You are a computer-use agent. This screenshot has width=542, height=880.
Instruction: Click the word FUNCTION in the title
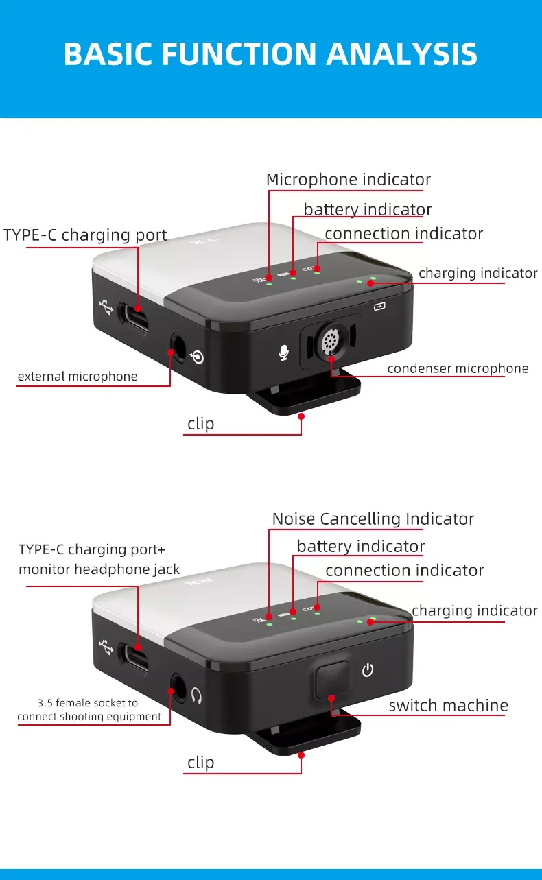(x=239, y=53)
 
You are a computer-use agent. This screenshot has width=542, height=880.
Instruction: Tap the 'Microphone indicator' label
(x=349, y=180)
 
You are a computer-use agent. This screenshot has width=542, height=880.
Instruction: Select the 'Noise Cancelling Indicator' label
(x=373, y=519)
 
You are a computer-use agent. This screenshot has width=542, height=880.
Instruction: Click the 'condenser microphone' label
(x=458, y=368)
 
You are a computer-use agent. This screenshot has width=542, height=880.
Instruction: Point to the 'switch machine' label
(x=449, y=705)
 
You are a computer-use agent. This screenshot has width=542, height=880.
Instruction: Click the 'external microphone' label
(x=78, y=377)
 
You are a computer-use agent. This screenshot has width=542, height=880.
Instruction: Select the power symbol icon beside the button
(x=368, y=670)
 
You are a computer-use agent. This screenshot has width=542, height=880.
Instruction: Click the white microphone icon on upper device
(x=284, y=353)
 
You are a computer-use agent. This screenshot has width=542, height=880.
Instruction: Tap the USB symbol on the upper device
(x=106, y=307)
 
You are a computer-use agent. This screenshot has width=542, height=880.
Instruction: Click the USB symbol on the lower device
(x=106, y=647)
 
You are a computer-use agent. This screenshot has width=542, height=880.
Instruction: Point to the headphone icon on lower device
(x=196, y=695)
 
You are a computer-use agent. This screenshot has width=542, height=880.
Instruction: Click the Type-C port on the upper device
(x=134, y=318)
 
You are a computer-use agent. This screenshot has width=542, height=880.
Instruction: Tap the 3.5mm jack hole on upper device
(x=178, y=348)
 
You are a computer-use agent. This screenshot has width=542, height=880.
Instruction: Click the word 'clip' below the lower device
(x=201, y=763)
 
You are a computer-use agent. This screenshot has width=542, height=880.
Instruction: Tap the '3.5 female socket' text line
(x=88, y=703)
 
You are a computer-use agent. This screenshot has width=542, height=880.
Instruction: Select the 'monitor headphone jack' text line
(x=99, y=569)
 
